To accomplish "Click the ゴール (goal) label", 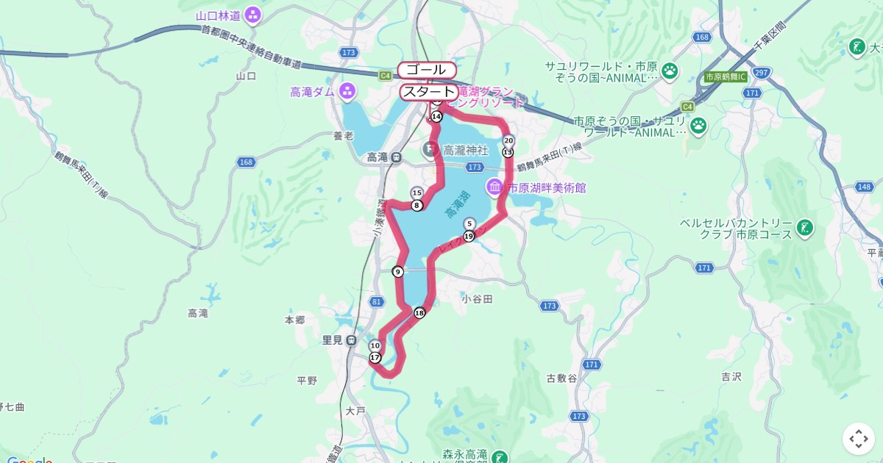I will (427, 70).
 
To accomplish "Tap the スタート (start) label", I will (428, 92).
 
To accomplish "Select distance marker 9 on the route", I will (398, 272).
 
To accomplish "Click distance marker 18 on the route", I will (419, 313).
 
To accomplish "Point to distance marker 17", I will (375, 358).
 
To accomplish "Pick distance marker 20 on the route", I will (508, 140).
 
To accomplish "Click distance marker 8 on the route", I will (417, 206).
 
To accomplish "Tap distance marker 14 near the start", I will (436, 117).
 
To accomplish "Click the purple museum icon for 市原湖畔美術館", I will (494, 187).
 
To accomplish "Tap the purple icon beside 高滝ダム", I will (347, 92).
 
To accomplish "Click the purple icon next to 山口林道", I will (252, 14).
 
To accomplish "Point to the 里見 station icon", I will (352, 340).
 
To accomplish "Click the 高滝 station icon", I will (396, 157).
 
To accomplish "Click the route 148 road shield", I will (865, 187).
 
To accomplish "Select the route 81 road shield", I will (377, 301).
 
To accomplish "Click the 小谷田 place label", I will (477, 299).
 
